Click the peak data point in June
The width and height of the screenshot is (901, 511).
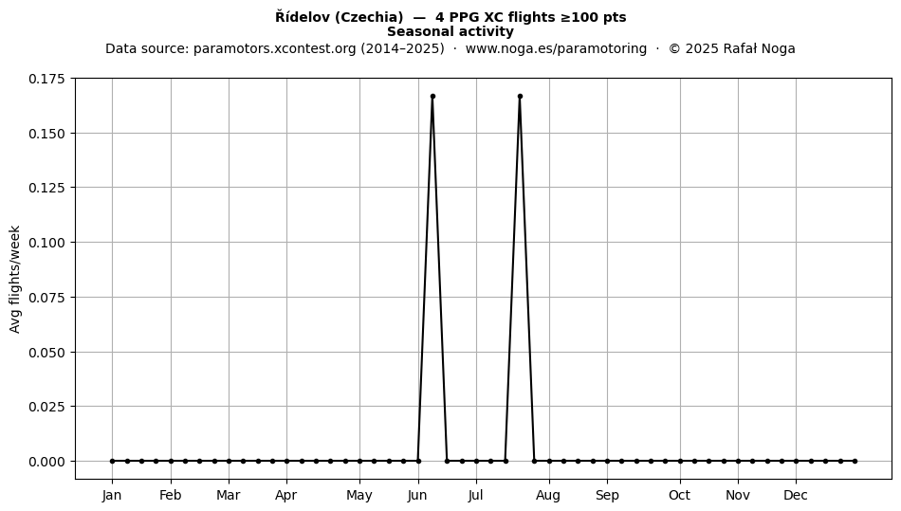pyautogui.click(x=432, y=97)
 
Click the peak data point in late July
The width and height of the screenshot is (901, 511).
pyautogui.click(x=520, y=97)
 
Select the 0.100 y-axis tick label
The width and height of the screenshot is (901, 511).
pyautogui.click(x=48, y=243)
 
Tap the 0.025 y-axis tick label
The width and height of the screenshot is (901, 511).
pyautogui.click(x=48, y=407)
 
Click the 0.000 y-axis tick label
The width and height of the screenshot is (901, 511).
pyautogui.click(x=48, y=461)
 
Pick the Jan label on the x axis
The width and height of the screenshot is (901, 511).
pyautogui.click(x=112, y=495)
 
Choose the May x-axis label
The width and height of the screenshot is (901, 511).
pyautogui.click(x=359, y=495)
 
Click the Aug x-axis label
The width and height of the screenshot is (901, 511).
pyautogui.click(x=548, y=495)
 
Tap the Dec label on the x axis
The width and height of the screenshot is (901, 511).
pyautogui.click(x=796, y=495)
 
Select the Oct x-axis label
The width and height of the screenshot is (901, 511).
pyautogui.click(x=680, y=495)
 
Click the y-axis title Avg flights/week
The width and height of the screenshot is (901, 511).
pyautogui.click(x=15, y=279)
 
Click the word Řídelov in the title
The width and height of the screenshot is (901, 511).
pyautogui.click(x=303, y=17)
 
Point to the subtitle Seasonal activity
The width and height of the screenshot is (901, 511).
pyautogui.click(x=450, y=31)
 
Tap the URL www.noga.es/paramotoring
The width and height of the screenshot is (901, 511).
pyautogui.click(x=556, y=48)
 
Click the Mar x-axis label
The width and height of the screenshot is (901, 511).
pyautogui.click(x=229, y=495)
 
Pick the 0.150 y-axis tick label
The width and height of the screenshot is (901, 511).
pyautogui.click(x=48, y=134)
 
